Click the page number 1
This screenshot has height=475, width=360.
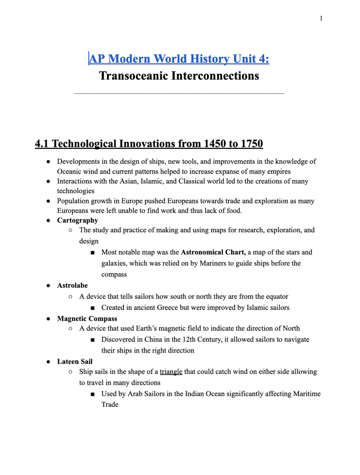click(x=321, y=19)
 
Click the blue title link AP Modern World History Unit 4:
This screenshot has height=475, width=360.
click(x=179, y=59)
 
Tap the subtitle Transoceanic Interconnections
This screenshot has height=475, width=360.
click(x=179, y=76)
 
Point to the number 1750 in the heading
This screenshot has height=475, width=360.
click(x=252, y=144)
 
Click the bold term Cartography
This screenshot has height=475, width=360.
click(x=78, y=220)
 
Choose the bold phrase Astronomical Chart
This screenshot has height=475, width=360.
click(x=213, y=252)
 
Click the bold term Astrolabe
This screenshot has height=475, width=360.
click(x=72, y=285)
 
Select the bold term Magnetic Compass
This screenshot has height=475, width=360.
click(x=87, y=319)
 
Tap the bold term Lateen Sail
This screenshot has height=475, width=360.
click(x=75, y=362)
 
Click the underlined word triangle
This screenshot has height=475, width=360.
click(x=171, y=372)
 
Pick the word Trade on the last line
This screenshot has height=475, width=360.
click(x=110, y=405)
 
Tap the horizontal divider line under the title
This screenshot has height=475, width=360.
click(x=179, y=93)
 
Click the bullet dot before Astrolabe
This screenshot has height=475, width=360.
click(x=48, y=286)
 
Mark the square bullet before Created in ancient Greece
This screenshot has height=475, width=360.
click(x=92, y=308)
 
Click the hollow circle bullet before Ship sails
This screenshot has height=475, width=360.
click(x=71, y=372)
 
